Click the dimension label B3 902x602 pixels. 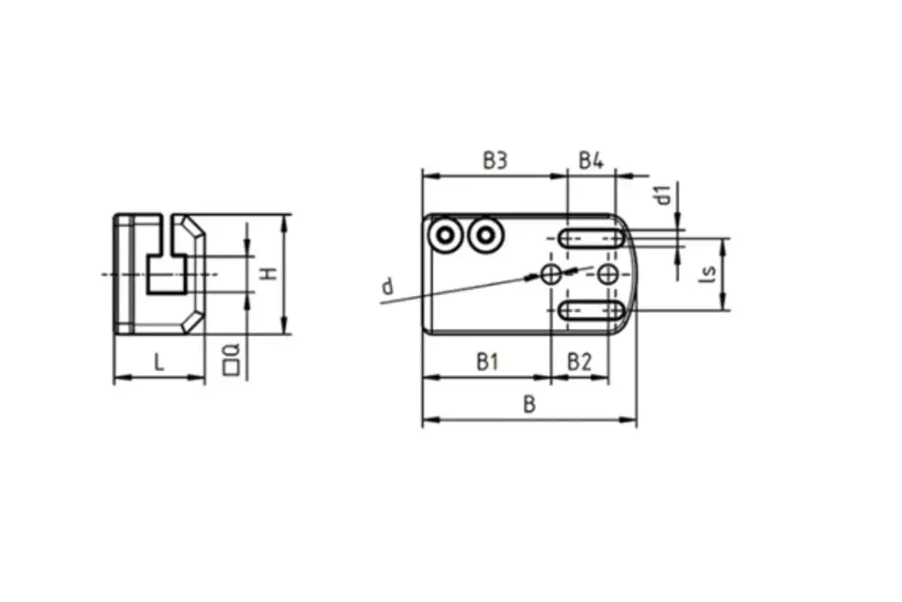pyautogui.click(x=494, y=160)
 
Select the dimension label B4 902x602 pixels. pyautogui.click(x=591, y=160)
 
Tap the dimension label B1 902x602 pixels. pyautogui.click(x=487, y=362)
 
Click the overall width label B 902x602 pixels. pyautogui.click(x=530, y=405)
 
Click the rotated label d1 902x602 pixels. pyautogui.click(x=662, y=194)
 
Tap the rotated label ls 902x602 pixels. pyautogui.click(x=708, y=273)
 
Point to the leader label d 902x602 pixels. pyautogui.click(x=387, y=286)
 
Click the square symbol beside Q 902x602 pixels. pyautogui.click(x=229, y=367)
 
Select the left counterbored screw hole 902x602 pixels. pyautogui.click(x=447, y=234)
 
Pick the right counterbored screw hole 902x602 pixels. pyautogui.click(x=485, y=234)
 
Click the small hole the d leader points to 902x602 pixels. pyautogui.click(x=551, y=274)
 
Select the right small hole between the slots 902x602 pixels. pyautogui.click(x=608, y=274)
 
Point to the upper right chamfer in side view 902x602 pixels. pyautogui.click(x=196, y=229)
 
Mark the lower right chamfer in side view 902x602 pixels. pyautogui.click(x=195, y=322)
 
